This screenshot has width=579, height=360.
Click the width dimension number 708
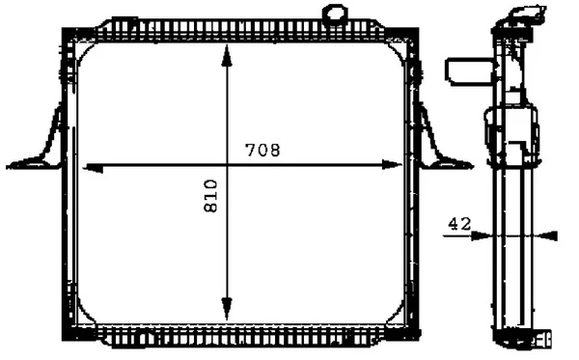262,150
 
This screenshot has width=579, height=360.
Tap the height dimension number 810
210,196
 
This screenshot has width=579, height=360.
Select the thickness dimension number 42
459,224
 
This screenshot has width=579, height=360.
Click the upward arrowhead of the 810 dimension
227,55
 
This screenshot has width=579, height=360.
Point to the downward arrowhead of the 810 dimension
227,309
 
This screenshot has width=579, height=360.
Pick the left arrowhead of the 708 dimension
93,168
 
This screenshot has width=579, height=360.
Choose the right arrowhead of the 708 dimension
392,165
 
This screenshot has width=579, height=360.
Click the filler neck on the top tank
335,15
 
